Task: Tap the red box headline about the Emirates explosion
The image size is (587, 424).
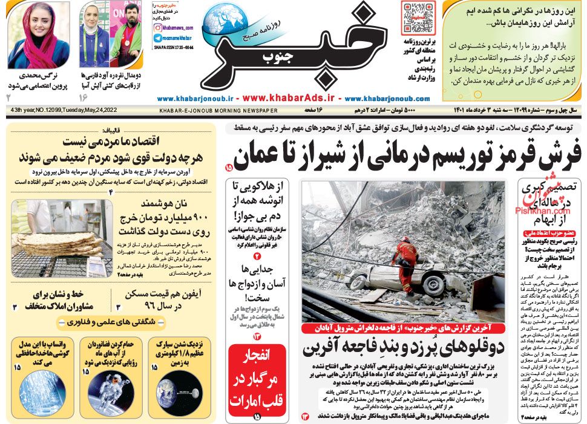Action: click(257, 379)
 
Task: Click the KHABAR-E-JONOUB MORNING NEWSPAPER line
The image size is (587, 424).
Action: click(218, 111)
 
